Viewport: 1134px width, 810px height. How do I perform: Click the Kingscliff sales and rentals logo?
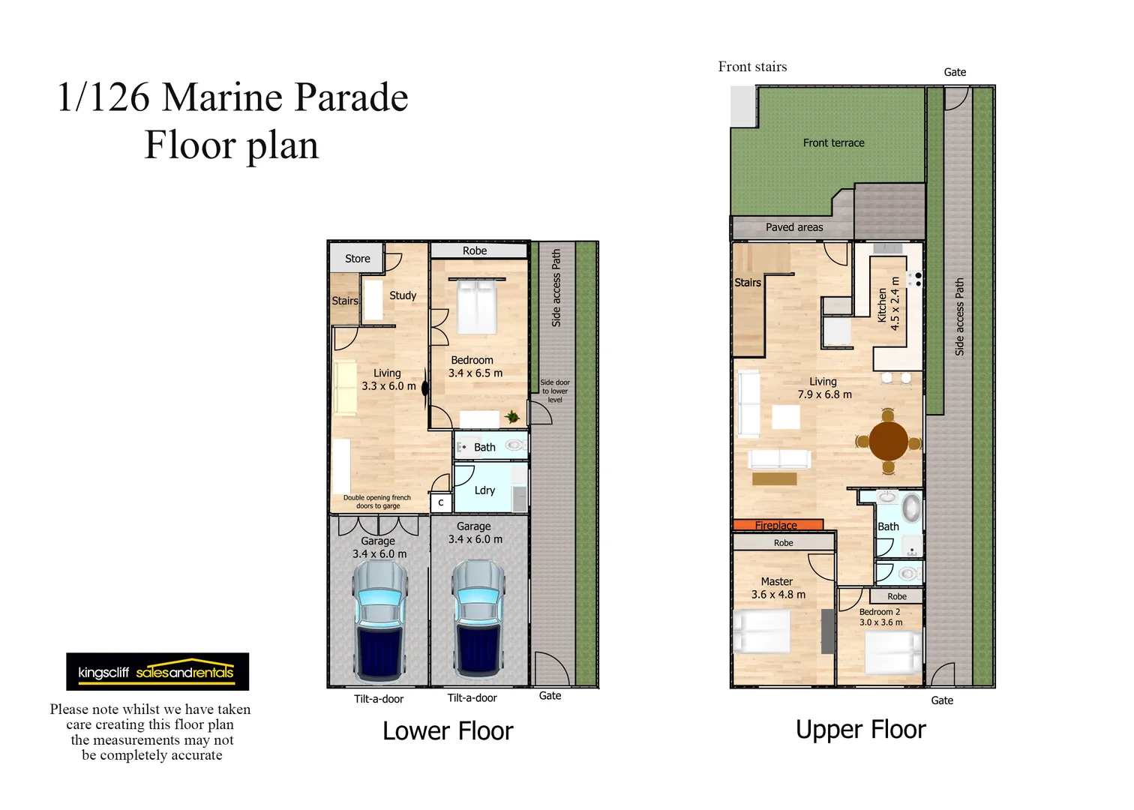[x=157, y=672]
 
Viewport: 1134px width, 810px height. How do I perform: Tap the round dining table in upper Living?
[x=889, y=441]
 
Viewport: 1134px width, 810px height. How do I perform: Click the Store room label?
[x=358, y=259]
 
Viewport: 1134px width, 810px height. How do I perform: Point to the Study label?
[x=403, y=295]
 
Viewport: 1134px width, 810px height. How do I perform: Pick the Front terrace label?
[x=834, y=142]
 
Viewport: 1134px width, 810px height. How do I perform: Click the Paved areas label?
[x=794, y=227]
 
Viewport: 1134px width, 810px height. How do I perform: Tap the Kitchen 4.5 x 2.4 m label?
[x=889, y=304]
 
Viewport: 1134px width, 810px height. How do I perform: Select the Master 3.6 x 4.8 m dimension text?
[x=778, y=594]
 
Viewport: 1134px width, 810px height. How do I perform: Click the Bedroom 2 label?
[x=880, y=612]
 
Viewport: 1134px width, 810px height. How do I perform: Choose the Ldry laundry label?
[x=484, y=490]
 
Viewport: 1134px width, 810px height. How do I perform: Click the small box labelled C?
[x=441, y=502]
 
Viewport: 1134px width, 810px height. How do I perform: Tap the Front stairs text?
[x=753, y=67]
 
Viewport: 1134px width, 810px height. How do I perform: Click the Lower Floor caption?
[x=448, y=731]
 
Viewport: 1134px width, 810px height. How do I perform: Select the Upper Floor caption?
[x=861, y=730]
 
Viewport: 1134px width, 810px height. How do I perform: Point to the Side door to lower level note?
[x=555, y=391]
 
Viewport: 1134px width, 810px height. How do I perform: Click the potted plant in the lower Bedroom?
[x=511, y=417]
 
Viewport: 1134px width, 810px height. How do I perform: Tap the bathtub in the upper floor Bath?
[x=911, y=508]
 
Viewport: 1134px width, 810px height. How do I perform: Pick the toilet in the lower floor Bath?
[x=515, y=445]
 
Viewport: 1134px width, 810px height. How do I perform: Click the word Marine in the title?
[x=224, y=97]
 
